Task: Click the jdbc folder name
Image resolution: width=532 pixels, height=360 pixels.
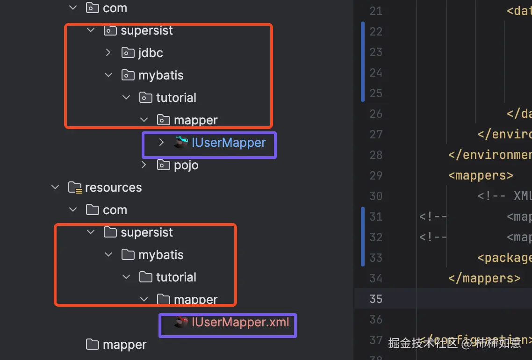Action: click(x=151, y=53)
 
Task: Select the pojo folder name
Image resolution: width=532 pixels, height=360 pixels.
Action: click(x=186, y=165)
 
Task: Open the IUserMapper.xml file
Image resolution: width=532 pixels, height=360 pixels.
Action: click(x=240, y=322)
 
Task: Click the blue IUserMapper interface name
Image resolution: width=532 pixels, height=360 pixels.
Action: click(x=229, y=143)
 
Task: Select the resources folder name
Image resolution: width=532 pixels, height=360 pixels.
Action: click(x=113, y=187)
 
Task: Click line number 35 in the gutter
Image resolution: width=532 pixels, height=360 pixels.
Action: click(x=376, y=299)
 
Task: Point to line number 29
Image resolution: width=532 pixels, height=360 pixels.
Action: click(x=376, y=175)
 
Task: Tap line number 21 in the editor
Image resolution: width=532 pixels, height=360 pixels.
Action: click(x=376, y=11)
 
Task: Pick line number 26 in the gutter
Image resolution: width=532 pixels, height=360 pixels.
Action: click(x=376, y=114)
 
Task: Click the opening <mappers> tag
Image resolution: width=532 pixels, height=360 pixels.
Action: click(x=481, y=175)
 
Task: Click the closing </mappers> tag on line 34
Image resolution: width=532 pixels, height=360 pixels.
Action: click(x=484, y=278)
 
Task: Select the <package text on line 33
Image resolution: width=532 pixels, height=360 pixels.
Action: click(x=504, y=258)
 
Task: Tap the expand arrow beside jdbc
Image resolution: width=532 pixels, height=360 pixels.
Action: click(x=108, y=52)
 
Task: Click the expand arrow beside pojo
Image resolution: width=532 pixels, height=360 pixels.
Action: click(x=144, y=165)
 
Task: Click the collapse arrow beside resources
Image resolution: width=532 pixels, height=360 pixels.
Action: click(x=55, y=187)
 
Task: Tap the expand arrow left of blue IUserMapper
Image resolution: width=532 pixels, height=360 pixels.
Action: click(x=162, y=142)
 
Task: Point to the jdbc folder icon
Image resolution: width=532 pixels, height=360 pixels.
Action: click(x=128, y=53)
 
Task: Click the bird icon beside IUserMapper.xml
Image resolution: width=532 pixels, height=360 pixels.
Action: click(x=181, y=322)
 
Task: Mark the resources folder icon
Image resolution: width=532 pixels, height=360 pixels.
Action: click(x=75, y=187)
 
